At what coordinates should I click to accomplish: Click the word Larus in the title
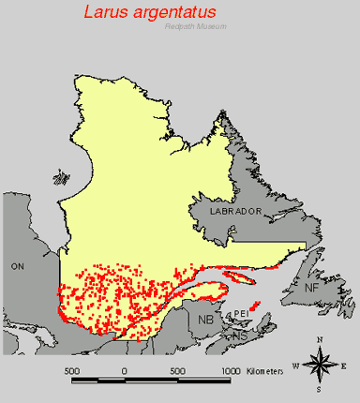(x=106, y=13)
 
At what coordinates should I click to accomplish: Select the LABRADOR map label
(x=235, y=212)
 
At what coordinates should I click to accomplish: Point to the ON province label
(x=16, y=266)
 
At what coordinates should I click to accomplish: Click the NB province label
(x=205, y=320)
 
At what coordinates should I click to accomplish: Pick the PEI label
(x=241, y=313)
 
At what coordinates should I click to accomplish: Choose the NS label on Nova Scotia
(x=240, y=335)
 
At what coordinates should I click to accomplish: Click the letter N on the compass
(x=320, y=339)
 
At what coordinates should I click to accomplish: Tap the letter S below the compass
(x=320, y=388)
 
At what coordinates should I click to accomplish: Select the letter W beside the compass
(x=296, y=365)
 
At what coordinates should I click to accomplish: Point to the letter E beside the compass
(x=344, y=365)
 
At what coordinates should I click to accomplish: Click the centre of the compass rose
(x=320, y=364)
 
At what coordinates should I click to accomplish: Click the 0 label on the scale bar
(x=125, y=371)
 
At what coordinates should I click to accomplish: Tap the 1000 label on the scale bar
(x=231, y=371)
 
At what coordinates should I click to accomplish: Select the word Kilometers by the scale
(x=265, y=371)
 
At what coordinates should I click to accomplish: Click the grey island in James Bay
(x=62, y=175)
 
